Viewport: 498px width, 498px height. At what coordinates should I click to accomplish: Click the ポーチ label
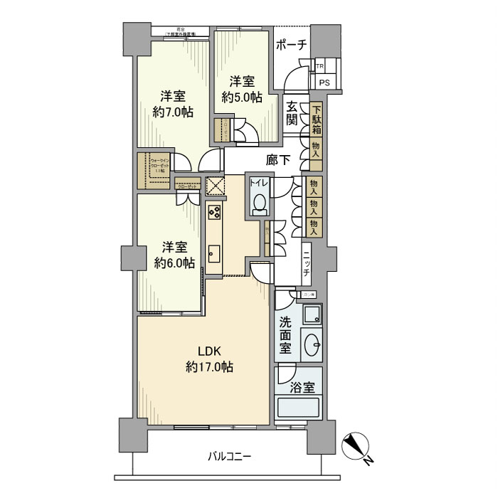[292, 45]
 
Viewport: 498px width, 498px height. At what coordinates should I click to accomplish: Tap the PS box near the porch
[324, 83]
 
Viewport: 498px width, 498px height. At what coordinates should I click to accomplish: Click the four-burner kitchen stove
[215, 213]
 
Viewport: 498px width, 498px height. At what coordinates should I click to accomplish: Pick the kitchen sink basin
[214, 253]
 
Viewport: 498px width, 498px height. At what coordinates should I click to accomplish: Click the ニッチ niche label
[305, 263]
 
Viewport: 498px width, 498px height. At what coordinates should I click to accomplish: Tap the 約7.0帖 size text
[173, 112]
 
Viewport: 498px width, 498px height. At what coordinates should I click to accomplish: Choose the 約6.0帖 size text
[174, 263]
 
